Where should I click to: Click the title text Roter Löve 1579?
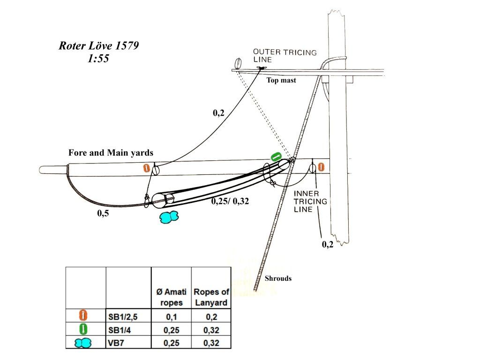98,45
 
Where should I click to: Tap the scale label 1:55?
98,58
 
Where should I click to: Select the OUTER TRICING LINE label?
285,56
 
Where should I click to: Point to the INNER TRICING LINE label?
310,202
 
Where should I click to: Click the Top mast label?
281,80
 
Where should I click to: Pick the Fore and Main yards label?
111,153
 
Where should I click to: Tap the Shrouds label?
278,278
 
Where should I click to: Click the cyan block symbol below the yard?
169,217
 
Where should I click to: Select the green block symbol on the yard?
276,157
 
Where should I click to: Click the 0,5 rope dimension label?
103,213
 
